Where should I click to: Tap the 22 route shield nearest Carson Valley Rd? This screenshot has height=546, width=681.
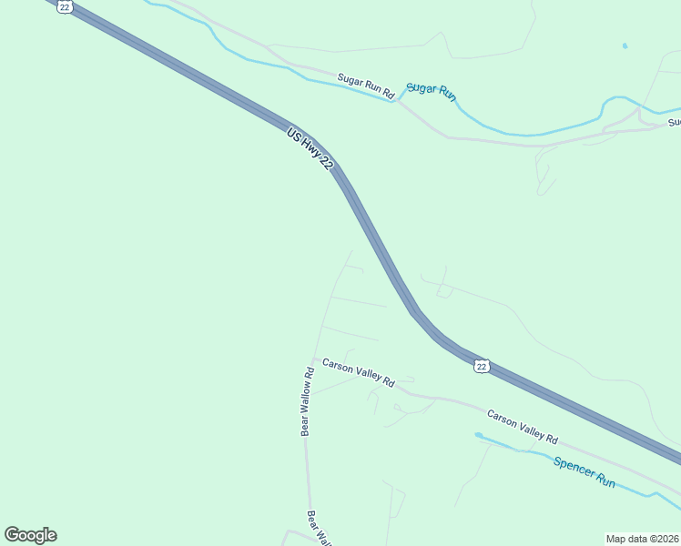coord(482,366)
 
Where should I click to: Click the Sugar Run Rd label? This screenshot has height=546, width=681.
coord(365,86)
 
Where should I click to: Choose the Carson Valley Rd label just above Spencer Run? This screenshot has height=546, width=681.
coord(522,426)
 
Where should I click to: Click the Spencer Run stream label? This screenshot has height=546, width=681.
coord(584,471)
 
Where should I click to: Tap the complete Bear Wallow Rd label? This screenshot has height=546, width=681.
coord(307,400)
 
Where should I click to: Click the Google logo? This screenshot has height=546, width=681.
coord(30,535)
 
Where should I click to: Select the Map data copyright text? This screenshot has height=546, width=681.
coord(643,539)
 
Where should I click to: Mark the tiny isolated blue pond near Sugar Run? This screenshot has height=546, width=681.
coord(625,45)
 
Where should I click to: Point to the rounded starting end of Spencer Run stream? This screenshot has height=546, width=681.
coord(478,435)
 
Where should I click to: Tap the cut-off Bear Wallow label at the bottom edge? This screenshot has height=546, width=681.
coord(317,527)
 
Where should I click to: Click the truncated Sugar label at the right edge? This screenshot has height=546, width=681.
coord(674,122)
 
